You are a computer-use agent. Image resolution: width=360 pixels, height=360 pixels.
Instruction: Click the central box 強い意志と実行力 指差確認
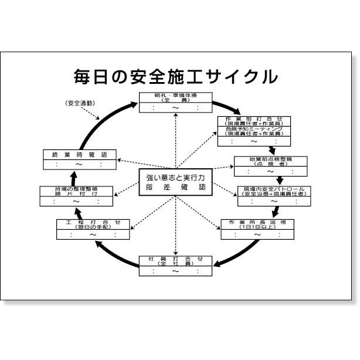pyautogui.click(x=175, y=182)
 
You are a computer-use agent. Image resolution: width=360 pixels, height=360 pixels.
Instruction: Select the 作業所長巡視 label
pyautogui.click(x=257, y=223)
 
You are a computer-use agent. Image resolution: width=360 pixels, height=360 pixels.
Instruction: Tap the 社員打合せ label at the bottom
pyautogui.click(x=175, y=259)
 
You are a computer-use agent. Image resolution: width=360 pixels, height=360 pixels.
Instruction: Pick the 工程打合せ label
pyautogui.click(x=93, y=223)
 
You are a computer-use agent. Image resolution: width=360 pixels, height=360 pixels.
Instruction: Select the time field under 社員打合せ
pyautogui.click(x=175, y=271)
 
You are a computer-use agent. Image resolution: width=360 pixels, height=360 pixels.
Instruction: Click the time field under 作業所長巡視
pyautogui.click(x=257, y=235)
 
